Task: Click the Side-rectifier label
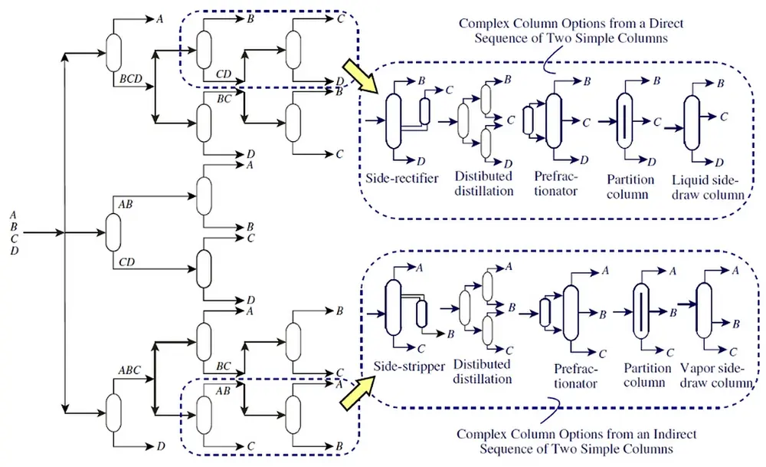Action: [401, 179]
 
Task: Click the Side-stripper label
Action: [409, 367]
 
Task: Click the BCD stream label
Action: [130, 79]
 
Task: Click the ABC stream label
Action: [129, 370]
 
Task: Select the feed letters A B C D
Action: [14, 232]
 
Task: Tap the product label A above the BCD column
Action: [159, 19]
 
